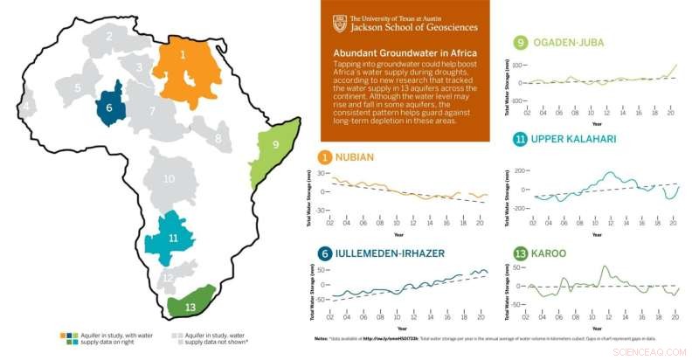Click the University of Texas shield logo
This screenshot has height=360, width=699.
[x=337, y=23]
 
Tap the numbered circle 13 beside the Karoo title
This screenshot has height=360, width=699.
[x=520, y=253]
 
